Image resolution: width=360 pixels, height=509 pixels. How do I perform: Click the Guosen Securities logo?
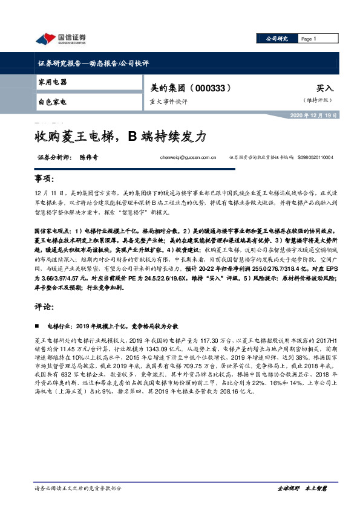(61, 39)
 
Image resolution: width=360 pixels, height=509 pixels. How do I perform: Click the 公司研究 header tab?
(278, 39)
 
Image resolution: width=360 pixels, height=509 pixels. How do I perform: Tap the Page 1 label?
(309, 39)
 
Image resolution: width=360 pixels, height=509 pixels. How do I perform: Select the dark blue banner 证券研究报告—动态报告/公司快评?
(85, 63)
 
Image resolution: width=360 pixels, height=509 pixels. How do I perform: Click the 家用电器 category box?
(53, 81)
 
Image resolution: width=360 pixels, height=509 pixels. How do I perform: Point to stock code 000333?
(212, 88)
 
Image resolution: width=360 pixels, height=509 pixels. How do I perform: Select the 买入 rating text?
(325, 88)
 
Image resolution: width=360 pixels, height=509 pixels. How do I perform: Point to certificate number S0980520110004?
(315, 157)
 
